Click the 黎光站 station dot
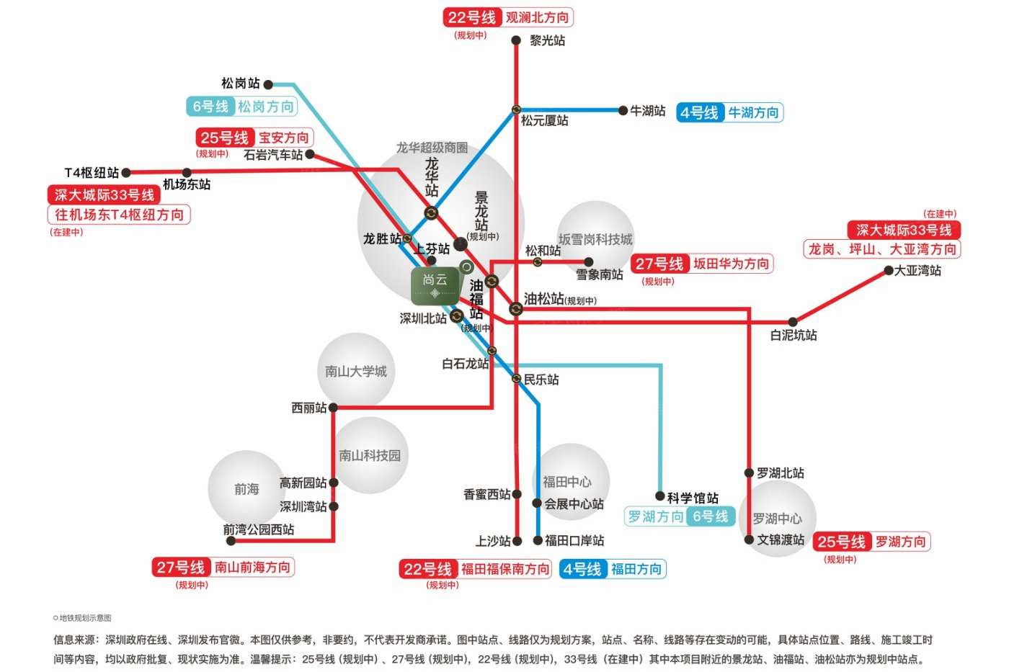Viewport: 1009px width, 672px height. (x=516, y=40)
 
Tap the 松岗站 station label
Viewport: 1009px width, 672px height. (x=240, y=84)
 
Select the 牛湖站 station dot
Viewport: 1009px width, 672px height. (x=623, y=110)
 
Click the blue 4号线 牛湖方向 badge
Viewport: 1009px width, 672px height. (x=729, y=112)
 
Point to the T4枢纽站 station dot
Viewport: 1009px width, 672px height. (x=126, y=173)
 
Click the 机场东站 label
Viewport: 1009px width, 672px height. (x=187, y=184)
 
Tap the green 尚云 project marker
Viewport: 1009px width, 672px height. (x=435, y=285)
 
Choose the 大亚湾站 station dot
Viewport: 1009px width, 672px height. (x=889, y=271)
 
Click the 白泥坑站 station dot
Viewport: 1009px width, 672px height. (x=793, y=322)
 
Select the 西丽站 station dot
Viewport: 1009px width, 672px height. (x=333, y=408)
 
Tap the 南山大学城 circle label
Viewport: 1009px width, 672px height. (x=356, y=372)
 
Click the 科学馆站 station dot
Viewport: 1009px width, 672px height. (x=660, y=496)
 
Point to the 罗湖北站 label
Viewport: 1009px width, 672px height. (x=781, y=473)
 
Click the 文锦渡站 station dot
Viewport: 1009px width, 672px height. (x=750, y=539)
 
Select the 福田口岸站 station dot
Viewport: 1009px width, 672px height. (x=538, y=540)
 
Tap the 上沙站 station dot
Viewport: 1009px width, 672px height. (x=517, y=541)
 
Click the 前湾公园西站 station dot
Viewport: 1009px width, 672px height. (x=231, y=541)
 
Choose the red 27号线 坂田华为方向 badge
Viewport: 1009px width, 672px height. (x=702, y=264)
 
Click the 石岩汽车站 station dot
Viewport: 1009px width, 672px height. (x=310, y=154)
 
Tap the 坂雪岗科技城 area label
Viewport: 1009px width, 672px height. (x=595, y=239)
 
